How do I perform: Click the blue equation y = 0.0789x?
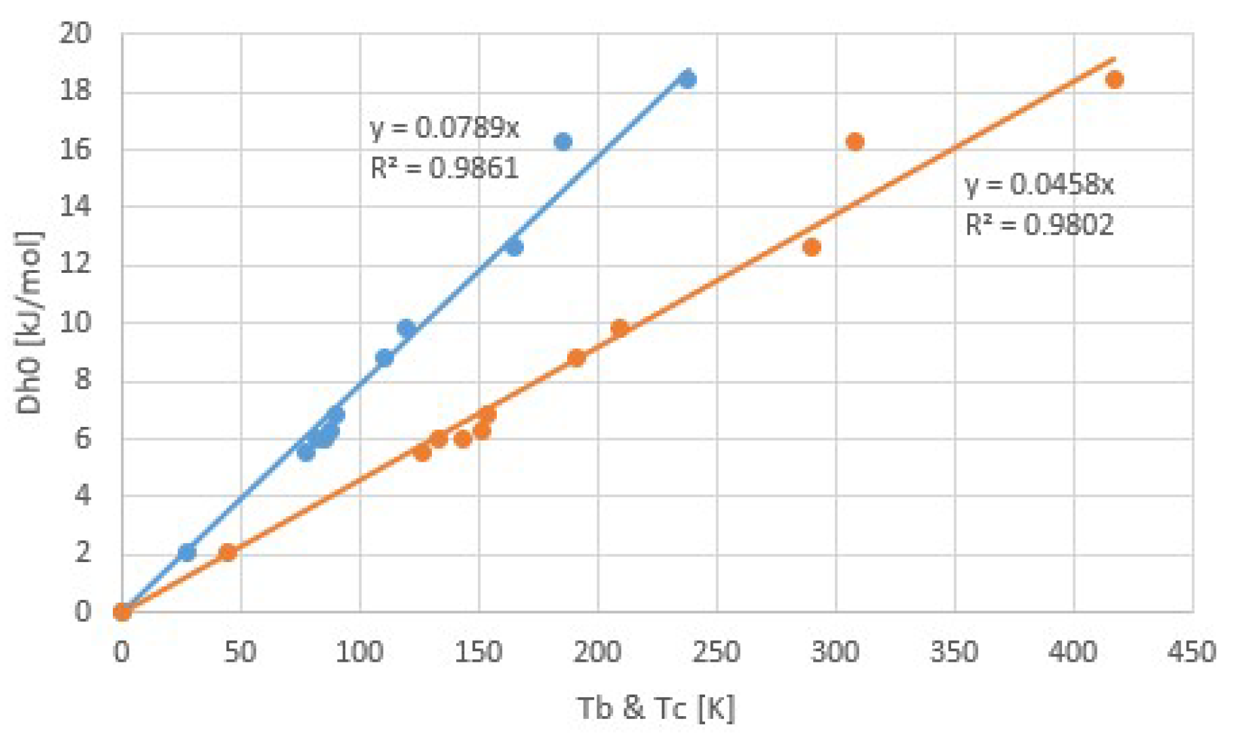444,127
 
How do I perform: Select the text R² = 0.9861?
444,169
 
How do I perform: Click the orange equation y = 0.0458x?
1039,184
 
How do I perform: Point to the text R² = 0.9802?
1039,226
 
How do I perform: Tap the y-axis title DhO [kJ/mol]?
28,323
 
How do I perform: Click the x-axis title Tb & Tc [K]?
656,708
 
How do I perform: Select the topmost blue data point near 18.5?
687,79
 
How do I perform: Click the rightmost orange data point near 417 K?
1114,80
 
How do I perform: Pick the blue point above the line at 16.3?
563,142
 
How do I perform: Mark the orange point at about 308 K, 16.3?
855,142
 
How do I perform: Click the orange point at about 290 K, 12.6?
812,247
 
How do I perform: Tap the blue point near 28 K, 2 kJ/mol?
187,553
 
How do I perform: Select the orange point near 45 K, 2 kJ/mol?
228,553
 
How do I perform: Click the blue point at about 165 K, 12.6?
514,247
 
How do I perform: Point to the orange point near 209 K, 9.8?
619,328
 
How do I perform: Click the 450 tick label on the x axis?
1191,652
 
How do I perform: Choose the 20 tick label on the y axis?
75,33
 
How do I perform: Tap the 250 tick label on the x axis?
716,652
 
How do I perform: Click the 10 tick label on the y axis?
75,323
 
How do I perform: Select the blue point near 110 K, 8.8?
385,358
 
